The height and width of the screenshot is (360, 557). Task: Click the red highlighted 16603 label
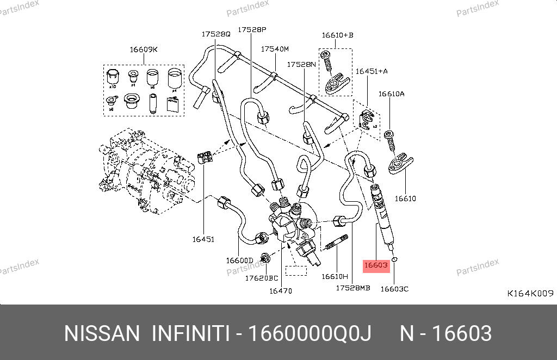coord(375,265)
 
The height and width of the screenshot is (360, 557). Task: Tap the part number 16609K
coord(143,49)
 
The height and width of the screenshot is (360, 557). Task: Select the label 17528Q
coord(216,33)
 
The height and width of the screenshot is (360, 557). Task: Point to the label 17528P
coord(252,29)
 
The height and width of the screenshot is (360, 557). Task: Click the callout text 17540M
coord(274,49)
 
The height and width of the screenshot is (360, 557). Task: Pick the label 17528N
coord(301,64)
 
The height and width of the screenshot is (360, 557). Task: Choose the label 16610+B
coord(337,35)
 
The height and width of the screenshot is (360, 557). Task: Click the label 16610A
coord(392,94)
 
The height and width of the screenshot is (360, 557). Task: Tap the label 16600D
coord(239,260)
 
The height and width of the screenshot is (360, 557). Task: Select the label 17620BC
coord(262,278)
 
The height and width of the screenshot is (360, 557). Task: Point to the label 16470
coord(281,291)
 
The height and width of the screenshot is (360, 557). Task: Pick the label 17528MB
coord(352,288)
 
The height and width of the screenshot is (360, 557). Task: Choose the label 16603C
coord(394,289)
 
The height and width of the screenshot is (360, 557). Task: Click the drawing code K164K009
coord(530,293)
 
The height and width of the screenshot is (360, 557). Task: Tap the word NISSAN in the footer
coord(102,333)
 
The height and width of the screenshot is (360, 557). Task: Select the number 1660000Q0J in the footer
coord(310,333)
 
